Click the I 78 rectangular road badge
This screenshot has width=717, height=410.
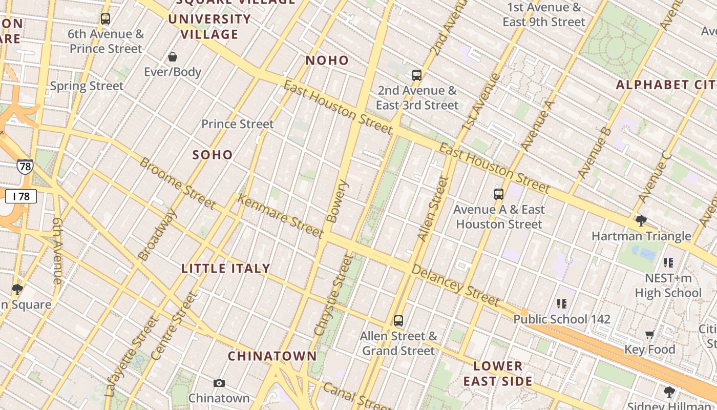[21, 196]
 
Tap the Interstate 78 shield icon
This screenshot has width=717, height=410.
[25, 166]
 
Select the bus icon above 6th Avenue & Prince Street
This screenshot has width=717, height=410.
[106, 19]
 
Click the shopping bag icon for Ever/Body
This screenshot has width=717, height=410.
[173, 57]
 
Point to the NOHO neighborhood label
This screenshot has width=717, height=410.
[327, 60]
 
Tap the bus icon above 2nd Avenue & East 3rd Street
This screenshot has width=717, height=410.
[417, 75]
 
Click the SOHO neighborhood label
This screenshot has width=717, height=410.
[213, 155]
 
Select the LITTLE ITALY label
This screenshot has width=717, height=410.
[226, 268]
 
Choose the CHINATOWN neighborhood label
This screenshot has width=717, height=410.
[272, 356]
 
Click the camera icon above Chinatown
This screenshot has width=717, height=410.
[219, 383]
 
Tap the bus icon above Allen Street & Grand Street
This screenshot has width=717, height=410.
[398, 321]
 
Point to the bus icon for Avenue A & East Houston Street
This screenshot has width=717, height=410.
[499, 194]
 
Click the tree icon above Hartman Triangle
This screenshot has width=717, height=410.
[641, 221]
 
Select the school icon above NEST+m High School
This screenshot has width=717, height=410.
[668, 263]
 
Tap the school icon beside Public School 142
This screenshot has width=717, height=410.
[562, 304]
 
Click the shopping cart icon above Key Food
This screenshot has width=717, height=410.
[650, 335]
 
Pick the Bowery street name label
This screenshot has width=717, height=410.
[336, 201]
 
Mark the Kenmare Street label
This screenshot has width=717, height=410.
[281, 216]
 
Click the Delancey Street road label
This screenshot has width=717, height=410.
[455, 285]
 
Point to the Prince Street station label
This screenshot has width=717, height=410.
[238, 124]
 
